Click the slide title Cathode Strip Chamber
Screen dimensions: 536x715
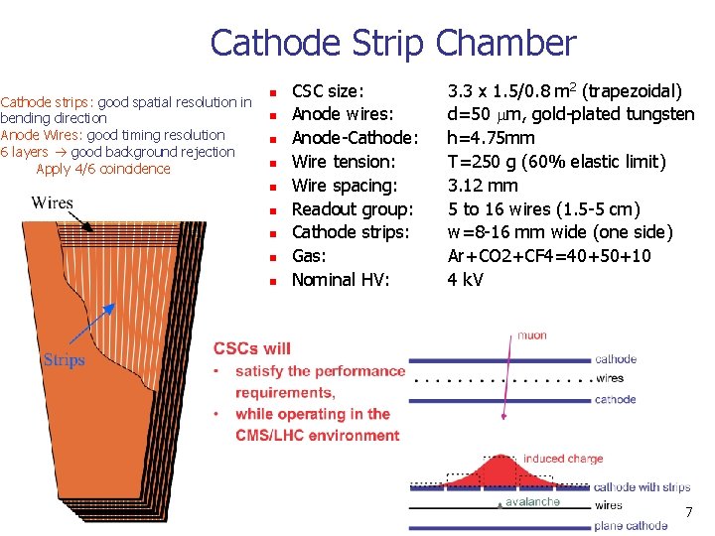[392, 43]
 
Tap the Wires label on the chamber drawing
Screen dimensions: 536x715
[52, 202]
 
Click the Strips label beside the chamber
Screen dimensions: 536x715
[64, 360]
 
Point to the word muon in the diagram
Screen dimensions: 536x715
[531, 335]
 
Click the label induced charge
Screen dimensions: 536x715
[563, 459]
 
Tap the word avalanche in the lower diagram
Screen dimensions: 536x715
[532, 502]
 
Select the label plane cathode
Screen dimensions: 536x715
[631, 525]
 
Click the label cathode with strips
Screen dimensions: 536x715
[642, 486]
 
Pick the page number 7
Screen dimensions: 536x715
[687, 512]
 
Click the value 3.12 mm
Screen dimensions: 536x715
[483, 186]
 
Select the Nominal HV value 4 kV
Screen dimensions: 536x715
[465, 280]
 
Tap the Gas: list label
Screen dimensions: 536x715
[309, 256]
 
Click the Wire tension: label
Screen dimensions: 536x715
[344, 162]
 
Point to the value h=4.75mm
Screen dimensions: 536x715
[491, 138]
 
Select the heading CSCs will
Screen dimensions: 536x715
[252, 348]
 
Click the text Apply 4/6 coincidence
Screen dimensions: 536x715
[103, 169]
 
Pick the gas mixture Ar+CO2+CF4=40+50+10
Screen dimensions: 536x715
[549, 256]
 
